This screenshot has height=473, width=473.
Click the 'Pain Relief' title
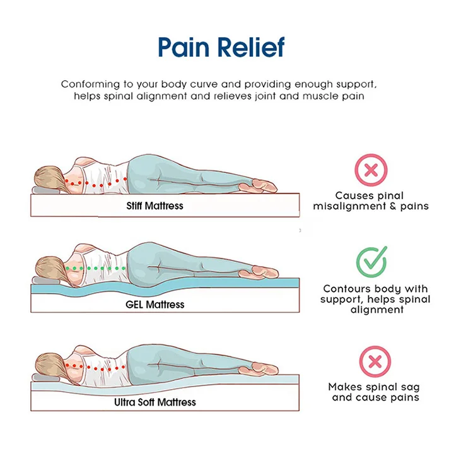(x=221, y=48)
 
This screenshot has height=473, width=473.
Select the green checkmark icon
(x=371, y=262)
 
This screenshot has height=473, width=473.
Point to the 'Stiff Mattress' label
(x=155, y=206)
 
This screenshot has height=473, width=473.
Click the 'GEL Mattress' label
(x=155, y=304)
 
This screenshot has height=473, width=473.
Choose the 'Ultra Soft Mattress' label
(x=155, y=402)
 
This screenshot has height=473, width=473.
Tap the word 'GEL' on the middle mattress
(x=135, y=304)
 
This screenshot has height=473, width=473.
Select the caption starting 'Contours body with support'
(x=375, y=299)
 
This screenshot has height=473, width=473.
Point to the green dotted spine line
(x=95, y=268)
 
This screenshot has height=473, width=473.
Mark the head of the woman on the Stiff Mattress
(x=49, y=177)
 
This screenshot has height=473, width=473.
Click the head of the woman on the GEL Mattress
(x=49, y=265)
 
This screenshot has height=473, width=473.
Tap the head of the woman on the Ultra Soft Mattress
(x=49, y=363)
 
